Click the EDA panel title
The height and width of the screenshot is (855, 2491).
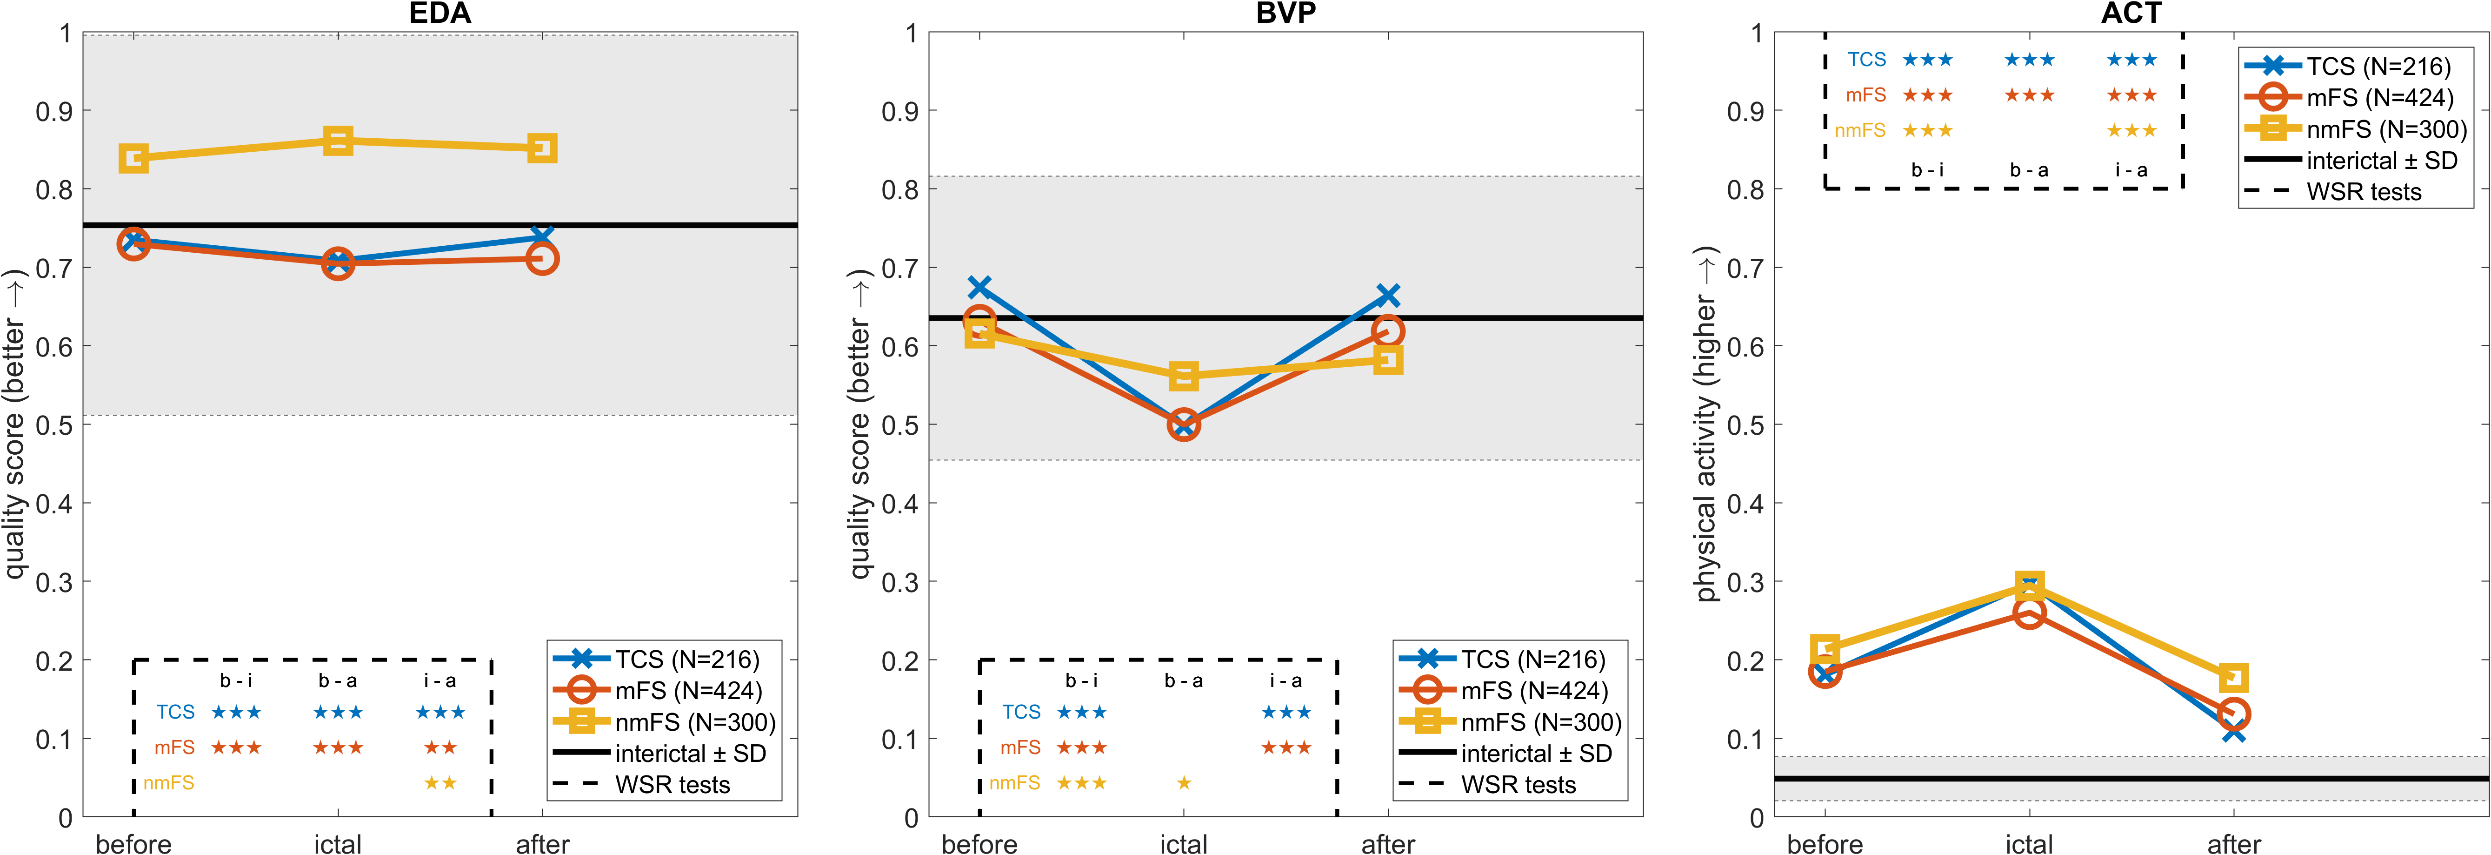coord(440,13)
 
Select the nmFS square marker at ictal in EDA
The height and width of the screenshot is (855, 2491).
coord(338,141)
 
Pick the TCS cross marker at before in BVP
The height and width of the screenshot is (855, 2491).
coord(979,287)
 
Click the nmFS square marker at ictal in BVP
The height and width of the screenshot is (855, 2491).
coord(1184,375)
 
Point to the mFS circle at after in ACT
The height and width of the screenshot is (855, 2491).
coord(2234,714)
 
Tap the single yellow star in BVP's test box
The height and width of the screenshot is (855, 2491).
coord(1184,782)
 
